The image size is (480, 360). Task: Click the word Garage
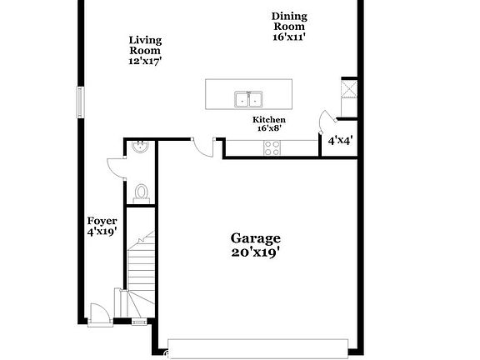pyautogui.click(x=256, y=237)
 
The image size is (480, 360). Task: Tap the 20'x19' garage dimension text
pyautogui.click(x=256, y=251)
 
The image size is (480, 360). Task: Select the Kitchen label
pyautogui.click(x=269, y=120)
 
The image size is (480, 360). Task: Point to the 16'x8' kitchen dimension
pyautogui.click(x=269, y=128)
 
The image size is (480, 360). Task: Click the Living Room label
pyautogui.click(x=145, y=44)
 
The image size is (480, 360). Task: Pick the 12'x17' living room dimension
pyautogui.click(x=145, y=60)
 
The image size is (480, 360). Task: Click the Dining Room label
pyautogui.click(x=290, y=21)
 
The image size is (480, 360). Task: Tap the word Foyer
pyautogui.click(x=102, y=221)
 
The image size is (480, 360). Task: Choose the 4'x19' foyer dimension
pyautogui.click(x=102, y=232)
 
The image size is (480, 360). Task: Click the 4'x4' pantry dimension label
pyautogui.click(x=339, y=141)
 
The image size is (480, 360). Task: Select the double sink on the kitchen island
pyautogui.click(x=248, y=99)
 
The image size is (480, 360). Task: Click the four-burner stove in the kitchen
pyautogui.click(x=272, y=147)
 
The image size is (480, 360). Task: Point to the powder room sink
pyautogui.click(x=141, y=148)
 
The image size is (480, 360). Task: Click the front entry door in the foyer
pyautogui.click(x=98, y=312)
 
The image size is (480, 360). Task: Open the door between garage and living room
pyautogui.click(x=200, y=147)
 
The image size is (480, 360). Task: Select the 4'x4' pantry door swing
pyautogui.click(x=326, y=122)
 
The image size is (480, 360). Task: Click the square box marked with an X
pyautogui.click(x=348, y=88)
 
